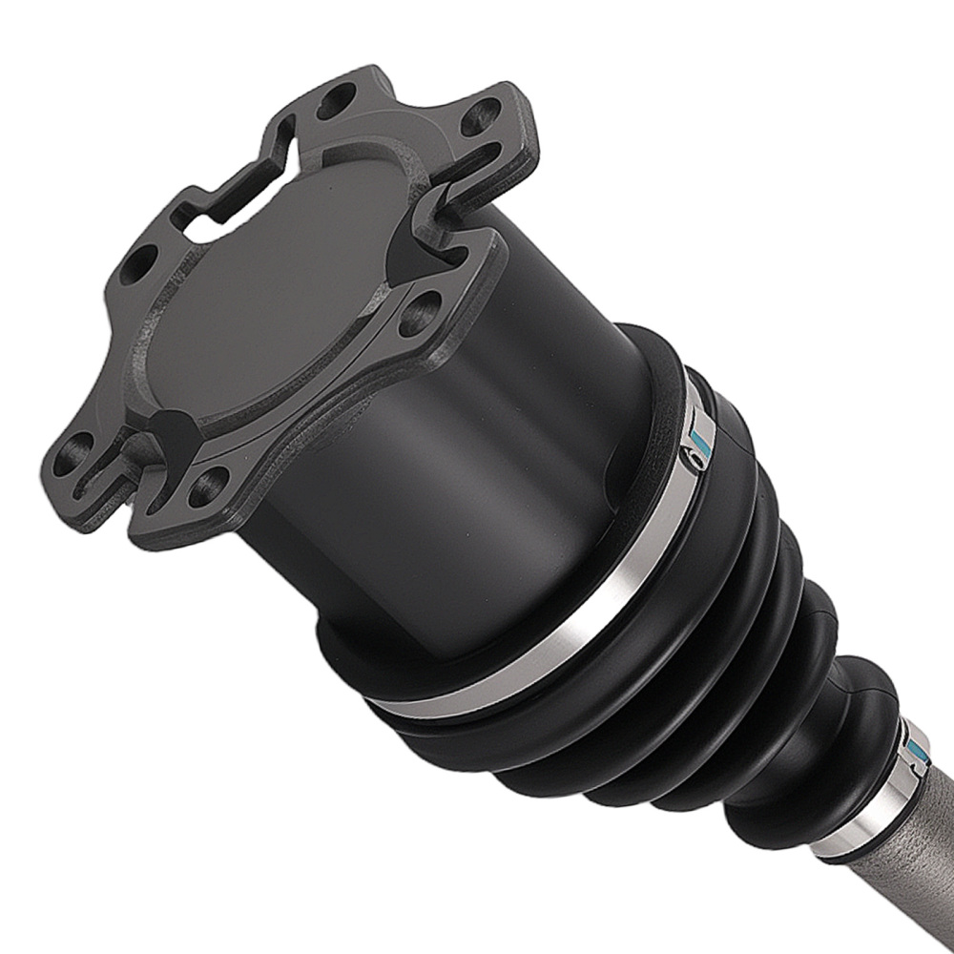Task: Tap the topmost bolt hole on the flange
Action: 336,101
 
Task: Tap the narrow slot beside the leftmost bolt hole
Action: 105,477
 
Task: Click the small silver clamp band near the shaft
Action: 863,820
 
